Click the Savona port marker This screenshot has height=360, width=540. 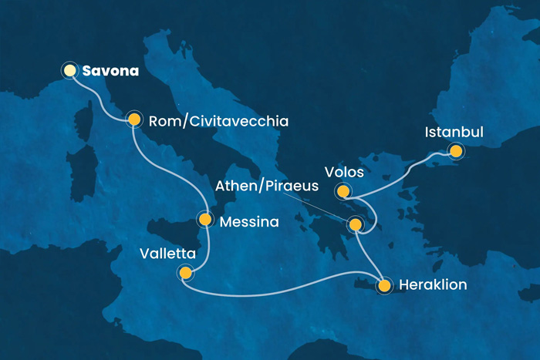69,71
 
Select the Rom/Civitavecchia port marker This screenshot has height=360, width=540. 134,119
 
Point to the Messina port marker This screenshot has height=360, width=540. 204,220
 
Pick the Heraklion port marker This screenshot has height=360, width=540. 384,285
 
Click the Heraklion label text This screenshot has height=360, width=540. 433,286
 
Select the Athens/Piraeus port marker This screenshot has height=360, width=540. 355,225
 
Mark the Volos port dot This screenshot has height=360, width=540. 343,190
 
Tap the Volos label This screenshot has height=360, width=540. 344,171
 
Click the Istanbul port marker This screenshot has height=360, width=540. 456,151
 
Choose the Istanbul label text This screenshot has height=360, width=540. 454,133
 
